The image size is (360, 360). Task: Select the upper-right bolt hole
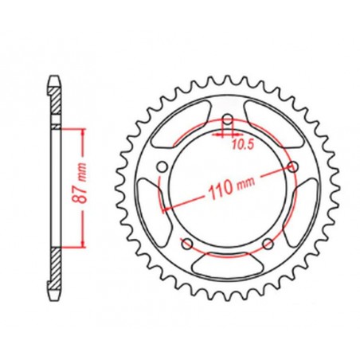point(292,166)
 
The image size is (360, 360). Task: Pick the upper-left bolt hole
point(163,167)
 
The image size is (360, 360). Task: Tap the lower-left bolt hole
point(188,244)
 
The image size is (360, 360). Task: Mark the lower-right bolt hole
point(268,243)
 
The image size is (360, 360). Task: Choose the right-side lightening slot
point(304,209)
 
